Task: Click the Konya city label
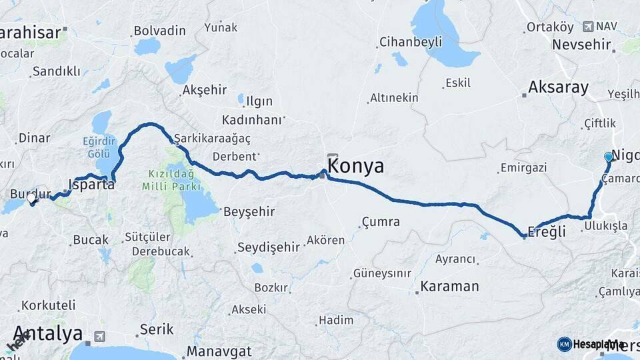pos(356,165)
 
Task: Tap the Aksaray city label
pos(559,87)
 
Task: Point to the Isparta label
pos(92,184)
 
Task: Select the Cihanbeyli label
pos(411,42)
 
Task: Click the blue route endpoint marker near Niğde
pos(608,157)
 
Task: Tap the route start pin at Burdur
pos(31,198)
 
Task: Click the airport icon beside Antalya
pos(100,336)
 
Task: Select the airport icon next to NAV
pos(587,27)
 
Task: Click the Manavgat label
pos(219,351)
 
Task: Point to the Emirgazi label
pos(523,167)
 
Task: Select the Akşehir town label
pos(205,90)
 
